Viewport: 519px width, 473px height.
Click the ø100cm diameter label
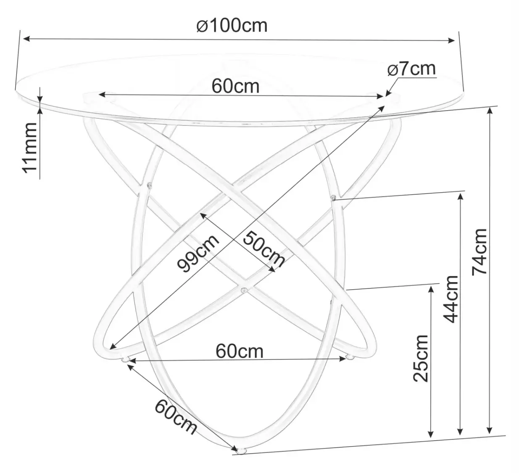coord(232,26)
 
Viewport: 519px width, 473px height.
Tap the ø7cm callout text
coord(412,69)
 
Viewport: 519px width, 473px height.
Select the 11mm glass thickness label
coord(30,148)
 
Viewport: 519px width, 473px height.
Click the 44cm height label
coord(451,299)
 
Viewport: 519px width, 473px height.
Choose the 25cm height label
coord(421,358)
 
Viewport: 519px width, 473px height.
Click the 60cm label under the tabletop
coord(235,86)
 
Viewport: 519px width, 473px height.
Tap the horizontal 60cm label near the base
coord(240,351)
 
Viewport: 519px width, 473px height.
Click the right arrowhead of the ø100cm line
coord(453,40)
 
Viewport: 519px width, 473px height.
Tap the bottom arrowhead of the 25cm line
coord(430,434)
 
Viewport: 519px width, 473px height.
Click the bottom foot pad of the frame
coord(241,452)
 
